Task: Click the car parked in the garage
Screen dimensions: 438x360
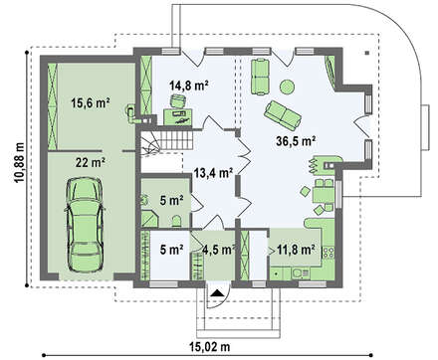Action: click(85, 225)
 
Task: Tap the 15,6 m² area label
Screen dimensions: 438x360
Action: click(91, 103)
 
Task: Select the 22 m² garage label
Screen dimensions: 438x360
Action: click(91, 162)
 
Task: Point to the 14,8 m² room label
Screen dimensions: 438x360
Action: click(189, 86)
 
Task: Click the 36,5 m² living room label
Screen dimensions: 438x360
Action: click(296, 141)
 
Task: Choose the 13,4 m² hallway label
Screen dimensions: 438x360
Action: click(213, 173)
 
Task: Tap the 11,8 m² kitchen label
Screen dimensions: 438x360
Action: click(297, 250)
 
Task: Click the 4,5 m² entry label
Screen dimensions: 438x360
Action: click(219, 250)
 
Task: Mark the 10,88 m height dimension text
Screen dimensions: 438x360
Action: click(19, 163)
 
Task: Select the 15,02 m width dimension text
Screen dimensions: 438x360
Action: click(210, 347)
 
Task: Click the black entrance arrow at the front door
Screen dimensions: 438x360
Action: click(217, 292)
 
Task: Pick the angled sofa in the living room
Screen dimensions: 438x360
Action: click(283, 115)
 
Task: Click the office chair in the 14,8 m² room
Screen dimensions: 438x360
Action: click(178, 100)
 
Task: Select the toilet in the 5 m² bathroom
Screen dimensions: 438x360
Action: click(177, 221)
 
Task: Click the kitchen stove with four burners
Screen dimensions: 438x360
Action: click(328, 253)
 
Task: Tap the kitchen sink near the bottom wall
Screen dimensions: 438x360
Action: click(301, 273)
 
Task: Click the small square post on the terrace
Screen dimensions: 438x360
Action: click(367, 53)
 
